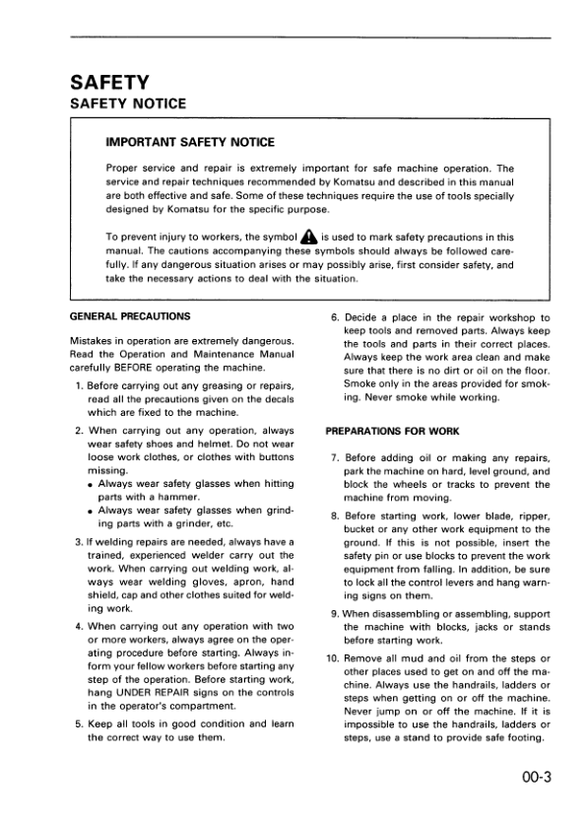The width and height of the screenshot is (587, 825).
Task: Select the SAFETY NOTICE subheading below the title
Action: point(126,103)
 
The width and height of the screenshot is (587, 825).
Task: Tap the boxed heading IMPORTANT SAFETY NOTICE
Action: point(190,143)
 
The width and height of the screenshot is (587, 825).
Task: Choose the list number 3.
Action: point(79,541)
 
